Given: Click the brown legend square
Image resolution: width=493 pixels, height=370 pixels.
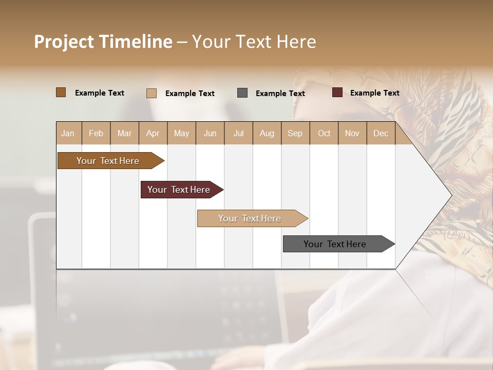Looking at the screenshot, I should [61, 92].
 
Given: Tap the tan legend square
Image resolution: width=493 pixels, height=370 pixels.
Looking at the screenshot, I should [151, 93].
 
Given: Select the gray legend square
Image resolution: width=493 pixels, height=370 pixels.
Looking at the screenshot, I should [242, 93].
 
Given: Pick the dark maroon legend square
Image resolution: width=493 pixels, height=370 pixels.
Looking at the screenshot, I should [337, 92].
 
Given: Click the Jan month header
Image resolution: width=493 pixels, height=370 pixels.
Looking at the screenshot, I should [68, 134].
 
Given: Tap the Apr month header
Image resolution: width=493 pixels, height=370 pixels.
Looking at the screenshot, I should [153, 134].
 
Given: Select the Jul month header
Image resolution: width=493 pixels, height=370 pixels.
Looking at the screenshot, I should [238, 134].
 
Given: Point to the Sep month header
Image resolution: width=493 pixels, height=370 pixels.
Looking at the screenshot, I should [295, 134].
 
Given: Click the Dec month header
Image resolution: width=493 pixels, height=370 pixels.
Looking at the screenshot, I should [381, 134].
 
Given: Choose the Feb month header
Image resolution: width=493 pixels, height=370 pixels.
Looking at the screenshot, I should [96, 134].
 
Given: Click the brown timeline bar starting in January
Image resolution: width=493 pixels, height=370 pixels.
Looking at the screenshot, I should [108, 161].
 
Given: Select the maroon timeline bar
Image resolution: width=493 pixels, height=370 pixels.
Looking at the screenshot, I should [179, 190].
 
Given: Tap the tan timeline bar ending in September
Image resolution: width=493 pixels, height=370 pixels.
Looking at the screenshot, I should [250, 218].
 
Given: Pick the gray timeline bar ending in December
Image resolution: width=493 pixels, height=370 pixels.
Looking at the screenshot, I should [335, 244].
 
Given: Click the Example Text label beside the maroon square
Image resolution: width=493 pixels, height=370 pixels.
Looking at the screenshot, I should [374, 93].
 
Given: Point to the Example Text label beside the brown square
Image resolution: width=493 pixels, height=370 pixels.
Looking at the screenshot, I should [100, 93].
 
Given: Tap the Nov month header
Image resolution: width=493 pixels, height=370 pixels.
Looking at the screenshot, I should [352, 134].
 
